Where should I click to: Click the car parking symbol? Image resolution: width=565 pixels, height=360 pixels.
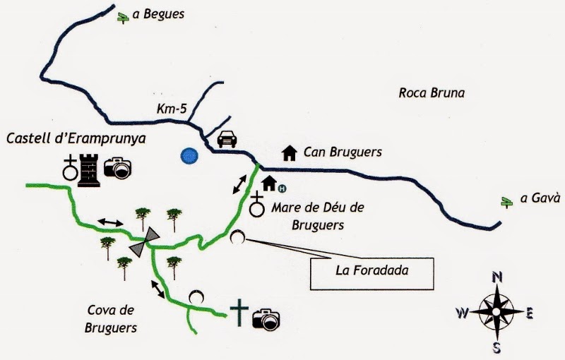[226, 138]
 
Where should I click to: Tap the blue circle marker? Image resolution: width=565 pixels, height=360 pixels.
[189, 156]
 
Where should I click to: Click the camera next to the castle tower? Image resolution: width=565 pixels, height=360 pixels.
[119, 167]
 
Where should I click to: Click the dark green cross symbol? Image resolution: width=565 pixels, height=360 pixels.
[241, 313]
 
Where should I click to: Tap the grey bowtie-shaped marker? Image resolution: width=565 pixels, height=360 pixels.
[144, 242]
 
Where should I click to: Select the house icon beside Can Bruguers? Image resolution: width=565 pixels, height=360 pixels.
[288, 152]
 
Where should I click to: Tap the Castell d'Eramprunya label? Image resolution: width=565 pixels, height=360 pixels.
[76, 139]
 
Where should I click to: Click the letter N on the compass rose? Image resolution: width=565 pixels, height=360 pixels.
[496, 277]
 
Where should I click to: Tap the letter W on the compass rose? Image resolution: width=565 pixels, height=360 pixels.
[462, 313]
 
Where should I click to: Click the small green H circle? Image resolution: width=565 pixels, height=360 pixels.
[282, 188]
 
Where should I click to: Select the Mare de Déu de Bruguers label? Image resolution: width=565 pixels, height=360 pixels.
[317, 216]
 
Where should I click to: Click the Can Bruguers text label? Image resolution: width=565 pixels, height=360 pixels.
[343, 152]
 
